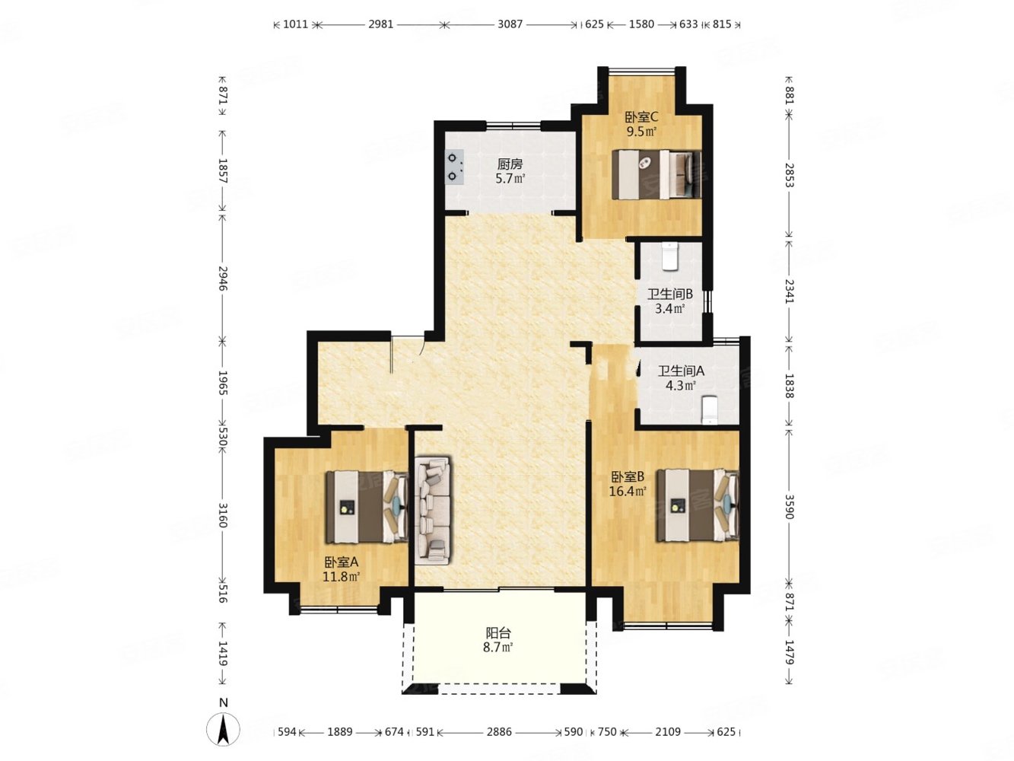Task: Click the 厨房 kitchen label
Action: (x=510, y=164)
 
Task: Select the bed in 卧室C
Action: (x=656, y=174)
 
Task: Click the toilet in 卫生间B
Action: (x=669, y=256)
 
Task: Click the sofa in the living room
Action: (x=432, y=510)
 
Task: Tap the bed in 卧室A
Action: (x=367, y=506)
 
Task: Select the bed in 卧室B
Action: (x=698, y=505)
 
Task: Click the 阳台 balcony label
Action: (x=498, y=632)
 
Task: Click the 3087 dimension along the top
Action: (x=510, y=24)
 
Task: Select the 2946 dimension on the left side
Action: (x=223, y=279)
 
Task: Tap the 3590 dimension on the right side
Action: (x=789, y=506)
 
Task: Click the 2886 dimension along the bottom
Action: (x=499, y=732)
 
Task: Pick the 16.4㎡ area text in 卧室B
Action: (x=627, y=491)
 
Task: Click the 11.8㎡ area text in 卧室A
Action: (x=341, y=577)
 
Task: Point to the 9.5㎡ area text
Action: (x=641, y=132)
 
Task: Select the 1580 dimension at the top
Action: (x=641, y=24)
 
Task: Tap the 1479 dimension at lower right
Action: (x=789, y=652)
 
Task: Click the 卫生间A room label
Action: (x=681, y=371)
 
